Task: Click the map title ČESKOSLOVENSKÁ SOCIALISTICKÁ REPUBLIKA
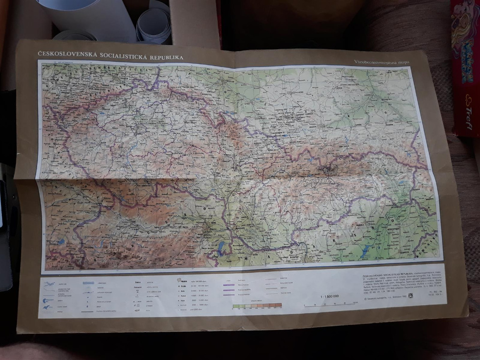111,56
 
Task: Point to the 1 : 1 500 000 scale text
330,296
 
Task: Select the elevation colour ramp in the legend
257,305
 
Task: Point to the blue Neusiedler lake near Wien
220,247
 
